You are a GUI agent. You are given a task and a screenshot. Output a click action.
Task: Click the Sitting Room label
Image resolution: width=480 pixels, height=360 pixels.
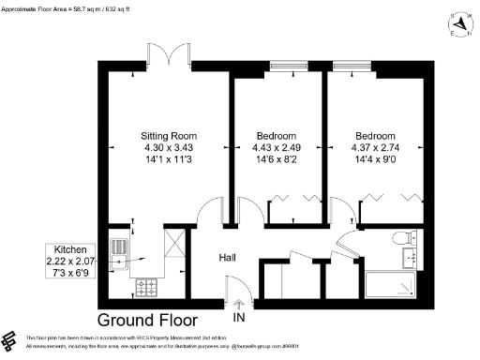[x=168, y=135]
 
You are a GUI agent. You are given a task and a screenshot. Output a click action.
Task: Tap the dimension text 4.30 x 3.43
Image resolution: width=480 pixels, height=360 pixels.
[x=168, y=147]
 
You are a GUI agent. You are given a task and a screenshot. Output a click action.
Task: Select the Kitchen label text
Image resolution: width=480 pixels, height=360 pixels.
[x=71, y=236]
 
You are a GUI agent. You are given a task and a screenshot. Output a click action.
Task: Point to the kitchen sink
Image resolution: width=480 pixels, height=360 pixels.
[x=120, y=249]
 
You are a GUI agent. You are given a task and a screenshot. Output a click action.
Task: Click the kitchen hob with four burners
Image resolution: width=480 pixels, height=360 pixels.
[x=148, y=284]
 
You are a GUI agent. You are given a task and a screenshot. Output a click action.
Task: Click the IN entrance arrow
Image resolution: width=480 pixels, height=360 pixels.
[x=238, y=305]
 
